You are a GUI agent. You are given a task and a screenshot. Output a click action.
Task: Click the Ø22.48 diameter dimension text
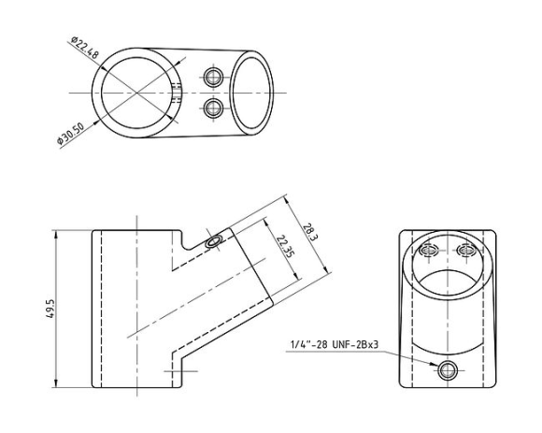pyautogui.click(x=85, y=47)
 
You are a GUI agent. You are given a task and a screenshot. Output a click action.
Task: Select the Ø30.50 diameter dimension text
pyautogui.click(x=70, y=134)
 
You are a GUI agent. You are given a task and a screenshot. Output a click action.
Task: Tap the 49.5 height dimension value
pyautogui.click(x=50, y=309)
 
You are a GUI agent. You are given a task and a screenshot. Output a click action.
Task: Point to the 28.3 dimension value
pyautogui.click(x=310, y=233)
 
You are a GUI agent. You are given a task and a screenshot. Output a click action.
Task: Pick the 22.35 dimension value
pyautogui.click(x=286, y=246)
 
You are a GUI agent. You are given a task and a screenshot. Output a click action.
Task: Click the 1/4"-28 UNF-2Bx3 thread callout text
pyautogui.click(x=335, y=344)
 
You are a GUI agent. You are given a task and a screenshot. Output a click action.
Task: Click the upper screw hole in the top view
pyautogui.click(x=213, y=77)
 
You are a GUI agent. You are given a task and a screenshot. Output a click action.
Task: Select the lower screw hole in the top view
pyautogui.click(x=213, y=108)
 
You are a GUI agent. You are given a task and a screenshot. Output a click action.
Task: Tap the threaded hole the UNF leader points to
pyautogui.click(x=448, y=371)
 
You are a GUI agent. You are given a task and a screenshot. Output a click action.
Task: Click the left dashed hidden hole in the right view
pyautogui.click(x=429, y=250)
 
